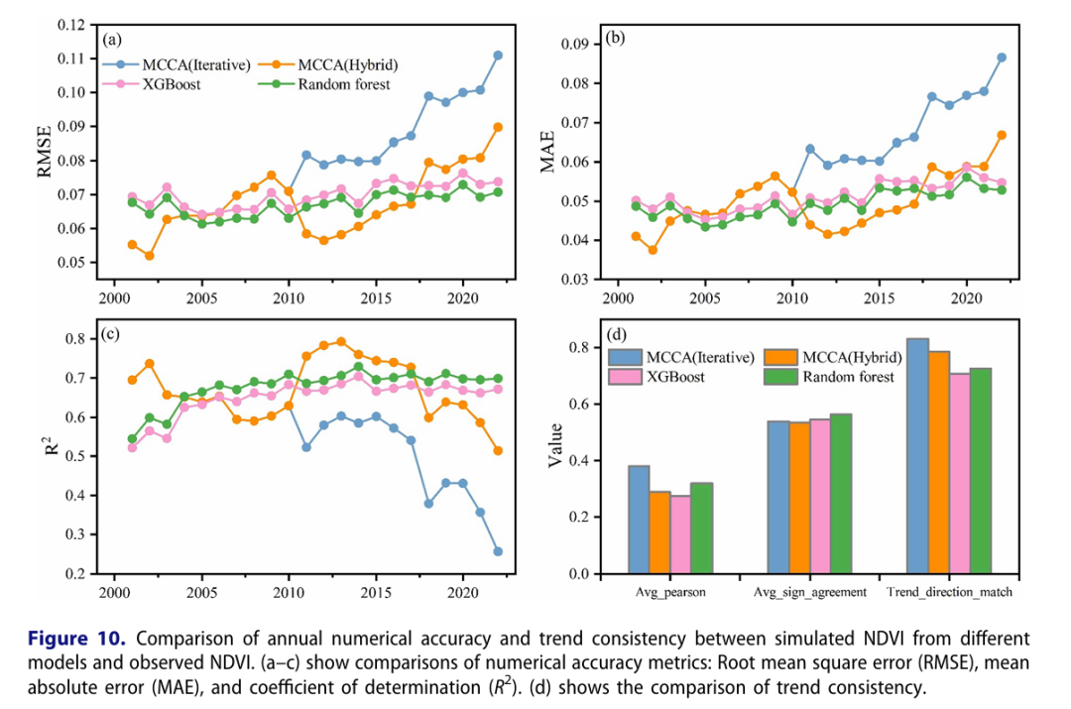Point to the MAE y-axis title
(547, 151)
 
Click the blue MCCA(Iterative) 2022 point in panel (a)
(498, 56)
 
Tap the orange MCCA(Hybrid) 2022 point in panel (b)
(1002, 135)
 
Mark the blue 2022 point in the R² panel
(498, 551)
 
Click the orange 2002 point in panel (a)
(150, 256)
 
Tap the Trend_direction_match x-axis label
(942, 593)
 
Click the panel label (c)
(111, 333)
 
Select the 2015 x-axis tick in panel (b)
(880, 297)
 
